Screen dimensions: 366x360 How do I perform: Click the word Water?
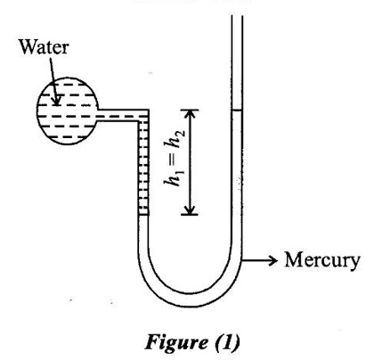click(x=44, y=47)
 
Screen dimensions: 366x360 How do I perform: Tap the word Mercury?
click(x=322, y=261)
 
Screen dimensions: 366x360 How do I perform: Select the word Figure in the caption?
click(x=176, y=342)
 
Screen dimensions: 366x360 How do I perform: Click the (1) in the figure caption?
click(x=227, y=342)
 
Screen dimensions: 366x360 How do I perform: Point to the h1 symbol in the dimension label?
click(x=174, y=177)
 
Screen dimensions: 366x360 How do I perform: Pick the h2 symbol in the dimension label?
click(x=175, y=139)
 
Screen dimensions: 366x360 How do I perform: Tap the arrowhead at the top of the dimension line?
click(x=190, y=114)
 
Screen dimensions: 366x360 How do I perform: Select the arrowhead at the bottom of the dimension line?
click(x=190, y=209)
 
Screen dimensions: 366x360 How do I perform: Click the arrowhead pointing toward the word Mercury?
click(x=272, y=260)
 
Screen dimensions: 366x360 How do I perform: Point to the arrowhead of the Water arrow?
click(x=55, y=102)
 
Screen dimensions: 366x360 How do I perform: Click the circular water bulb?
click(x=68, y=111)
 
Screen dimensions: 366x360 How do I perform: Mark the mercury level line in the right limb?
click(x=237, y=110)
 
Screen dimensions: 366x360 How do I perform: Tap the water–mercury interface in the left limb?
click(x=143, y=215)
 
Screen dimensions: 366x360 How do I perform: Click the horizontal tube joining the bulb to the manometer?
click(x=122, y=115)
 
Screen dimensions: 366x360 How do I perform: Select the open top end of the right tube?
click(x=237, y=16)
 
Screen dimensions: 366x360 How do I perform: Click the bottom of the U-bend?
click(x=190, y=300)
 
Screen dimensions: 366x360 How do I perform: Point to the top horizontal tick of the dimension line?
click(x=190, y=110)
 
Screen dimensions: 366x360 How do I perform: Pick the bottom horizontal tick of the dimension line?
click(x=190, y=214)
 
